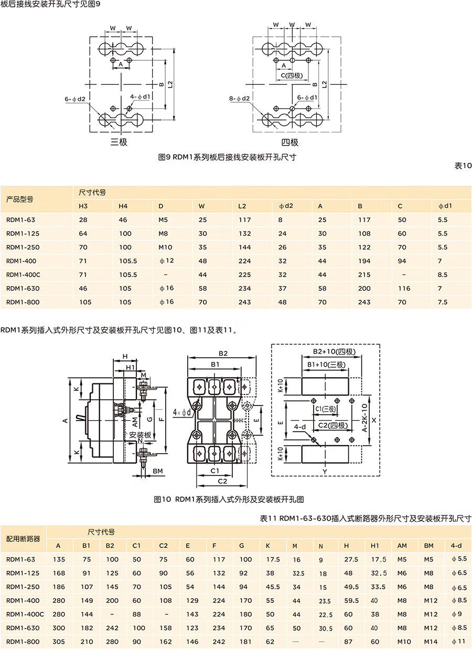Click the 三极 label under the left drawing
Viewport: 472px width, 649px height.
pos(119,141)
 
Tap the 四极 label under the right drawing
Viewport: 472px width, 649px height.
pos(289,142)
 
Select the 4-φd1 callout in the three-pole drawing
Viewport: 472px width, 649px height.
pos(141,97)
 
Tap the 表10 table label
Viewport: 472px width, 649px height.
pos(463,166)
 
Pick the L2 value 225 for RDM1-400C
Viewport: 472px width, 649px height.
pos(244,274)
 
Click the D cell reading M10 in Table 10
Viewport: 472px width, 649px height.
pos(165,247)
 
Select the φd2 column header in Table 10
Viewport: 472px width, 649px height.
pos(285,206)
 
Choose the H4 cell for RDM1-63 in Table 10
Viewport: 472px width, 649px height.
pos(123,220)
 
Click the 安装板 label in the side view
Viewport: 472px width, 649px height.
pos(140,435)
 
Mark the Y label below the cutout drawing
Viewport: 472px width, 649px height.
pos(325,471)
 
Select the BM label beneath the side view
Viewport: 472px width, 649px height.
pos(158,471)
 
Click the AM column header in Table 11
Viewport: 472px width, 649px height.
pos(402,546)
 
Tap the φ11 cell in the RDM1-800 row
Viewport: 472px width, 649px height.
pos(458,641)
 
